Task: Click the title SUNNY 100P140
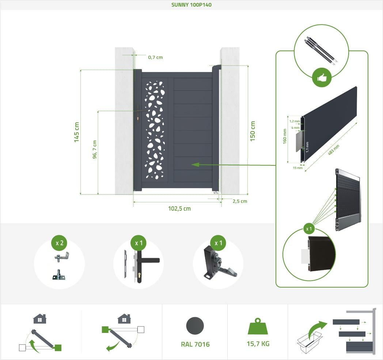[191, 5]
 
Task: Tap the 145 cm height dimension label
[76, 132]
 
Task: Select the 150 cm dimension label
[253, 131]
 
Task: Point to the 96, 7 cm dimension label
[95, 149]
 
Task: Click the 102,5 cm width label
[179, 209]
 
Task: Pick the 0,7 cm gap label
[155, 57]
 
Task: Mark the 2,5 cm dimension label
[239, 201]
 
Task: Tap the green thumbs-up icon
[322, 78]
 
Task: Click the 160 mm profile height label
[285, 136]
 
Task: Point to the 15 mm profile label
[298, 168]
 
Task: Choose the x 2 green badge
[59, 243]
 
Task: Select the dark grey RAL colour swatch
[195, 326]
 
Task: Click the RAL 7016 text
[195, 344]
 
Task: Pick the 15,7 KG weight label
[258, 344]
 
